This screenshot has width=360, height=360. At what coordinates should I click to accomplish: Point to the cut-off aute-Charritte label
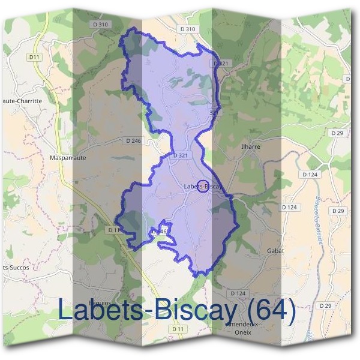tap(22, 101)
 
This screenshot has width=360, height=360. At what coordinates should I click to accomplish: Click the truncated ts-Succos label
tap(14, 267)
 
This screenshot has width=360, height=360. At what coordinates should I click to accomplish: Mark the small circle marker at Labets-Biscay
tap(203, 187)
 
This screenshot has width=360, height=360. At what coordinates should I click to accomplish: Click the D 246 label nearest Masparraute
tap(134, 140)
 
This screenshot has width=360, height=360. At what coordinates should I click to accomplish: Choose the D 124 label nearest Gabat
tap(289, 207)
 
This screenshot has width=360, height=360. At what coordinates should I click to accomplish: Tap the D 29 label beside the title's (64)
tap(326, 306)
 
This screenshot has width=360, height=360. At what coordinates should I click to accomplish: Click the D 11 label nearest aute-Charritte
tap(34, 56)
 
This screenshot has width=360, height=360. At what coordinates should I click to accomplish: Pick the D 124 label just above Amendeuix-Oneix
tap(238, 293)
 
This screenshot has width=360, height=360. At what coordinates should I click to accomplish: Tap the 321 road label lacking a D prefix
tap(214, 112)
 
